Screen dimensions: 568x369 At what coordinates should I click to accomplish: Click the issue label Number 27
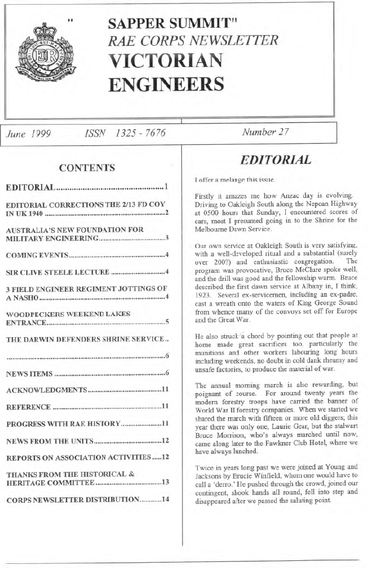tap(264, 132)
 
